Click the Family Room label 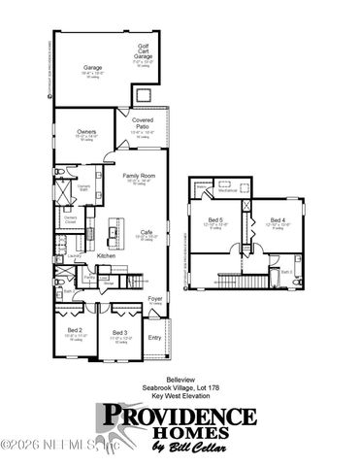point(140,176)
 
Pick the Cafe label point(146,231)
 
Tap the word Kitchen point(107,255)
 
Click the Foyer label point(154,298)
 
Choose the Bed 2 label point(75,331)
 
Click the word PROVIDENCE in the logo point(177,418)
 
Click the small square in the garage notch point(144,94)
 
